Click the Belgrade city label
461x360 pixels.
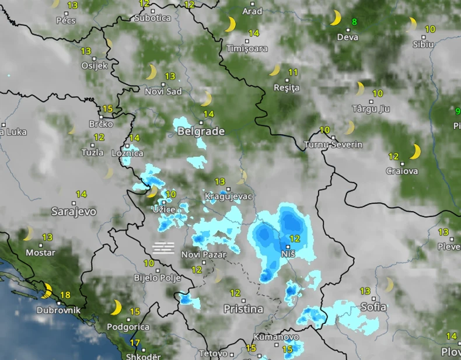[200, 131]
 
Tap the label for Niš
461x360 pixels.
[288, 254]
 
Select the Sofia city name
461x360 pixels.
[373, 306]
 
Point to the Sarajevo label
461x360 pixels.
[74, 211]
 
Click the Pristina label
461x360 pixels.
[244, 309]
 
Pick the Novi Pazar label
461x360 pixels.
[203, 254]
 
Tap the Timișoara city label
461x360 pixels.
[247, 48]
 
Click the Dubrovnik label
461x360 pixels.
[58, 310]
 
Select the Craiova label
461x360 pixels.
[403, 171]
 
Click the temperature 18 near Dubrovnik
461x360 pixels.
[65, 295]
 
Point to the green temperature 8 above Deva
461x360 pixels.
[354, 23]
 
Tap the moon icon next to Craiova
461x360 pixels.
[415, 152]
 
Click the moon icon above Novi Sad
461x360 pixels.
[151, 72]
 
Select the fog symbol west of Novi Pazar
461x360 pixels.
[163, 247]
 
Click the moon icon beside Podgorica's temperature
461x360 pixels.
[116, 307]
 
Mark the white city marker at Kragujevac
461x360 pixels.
[228, 189]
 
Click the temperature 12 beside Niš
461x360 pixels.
[294, 239]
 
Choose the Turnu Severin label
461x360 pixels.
[334, 144]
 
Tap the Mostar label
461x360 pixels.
[41, 253]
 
